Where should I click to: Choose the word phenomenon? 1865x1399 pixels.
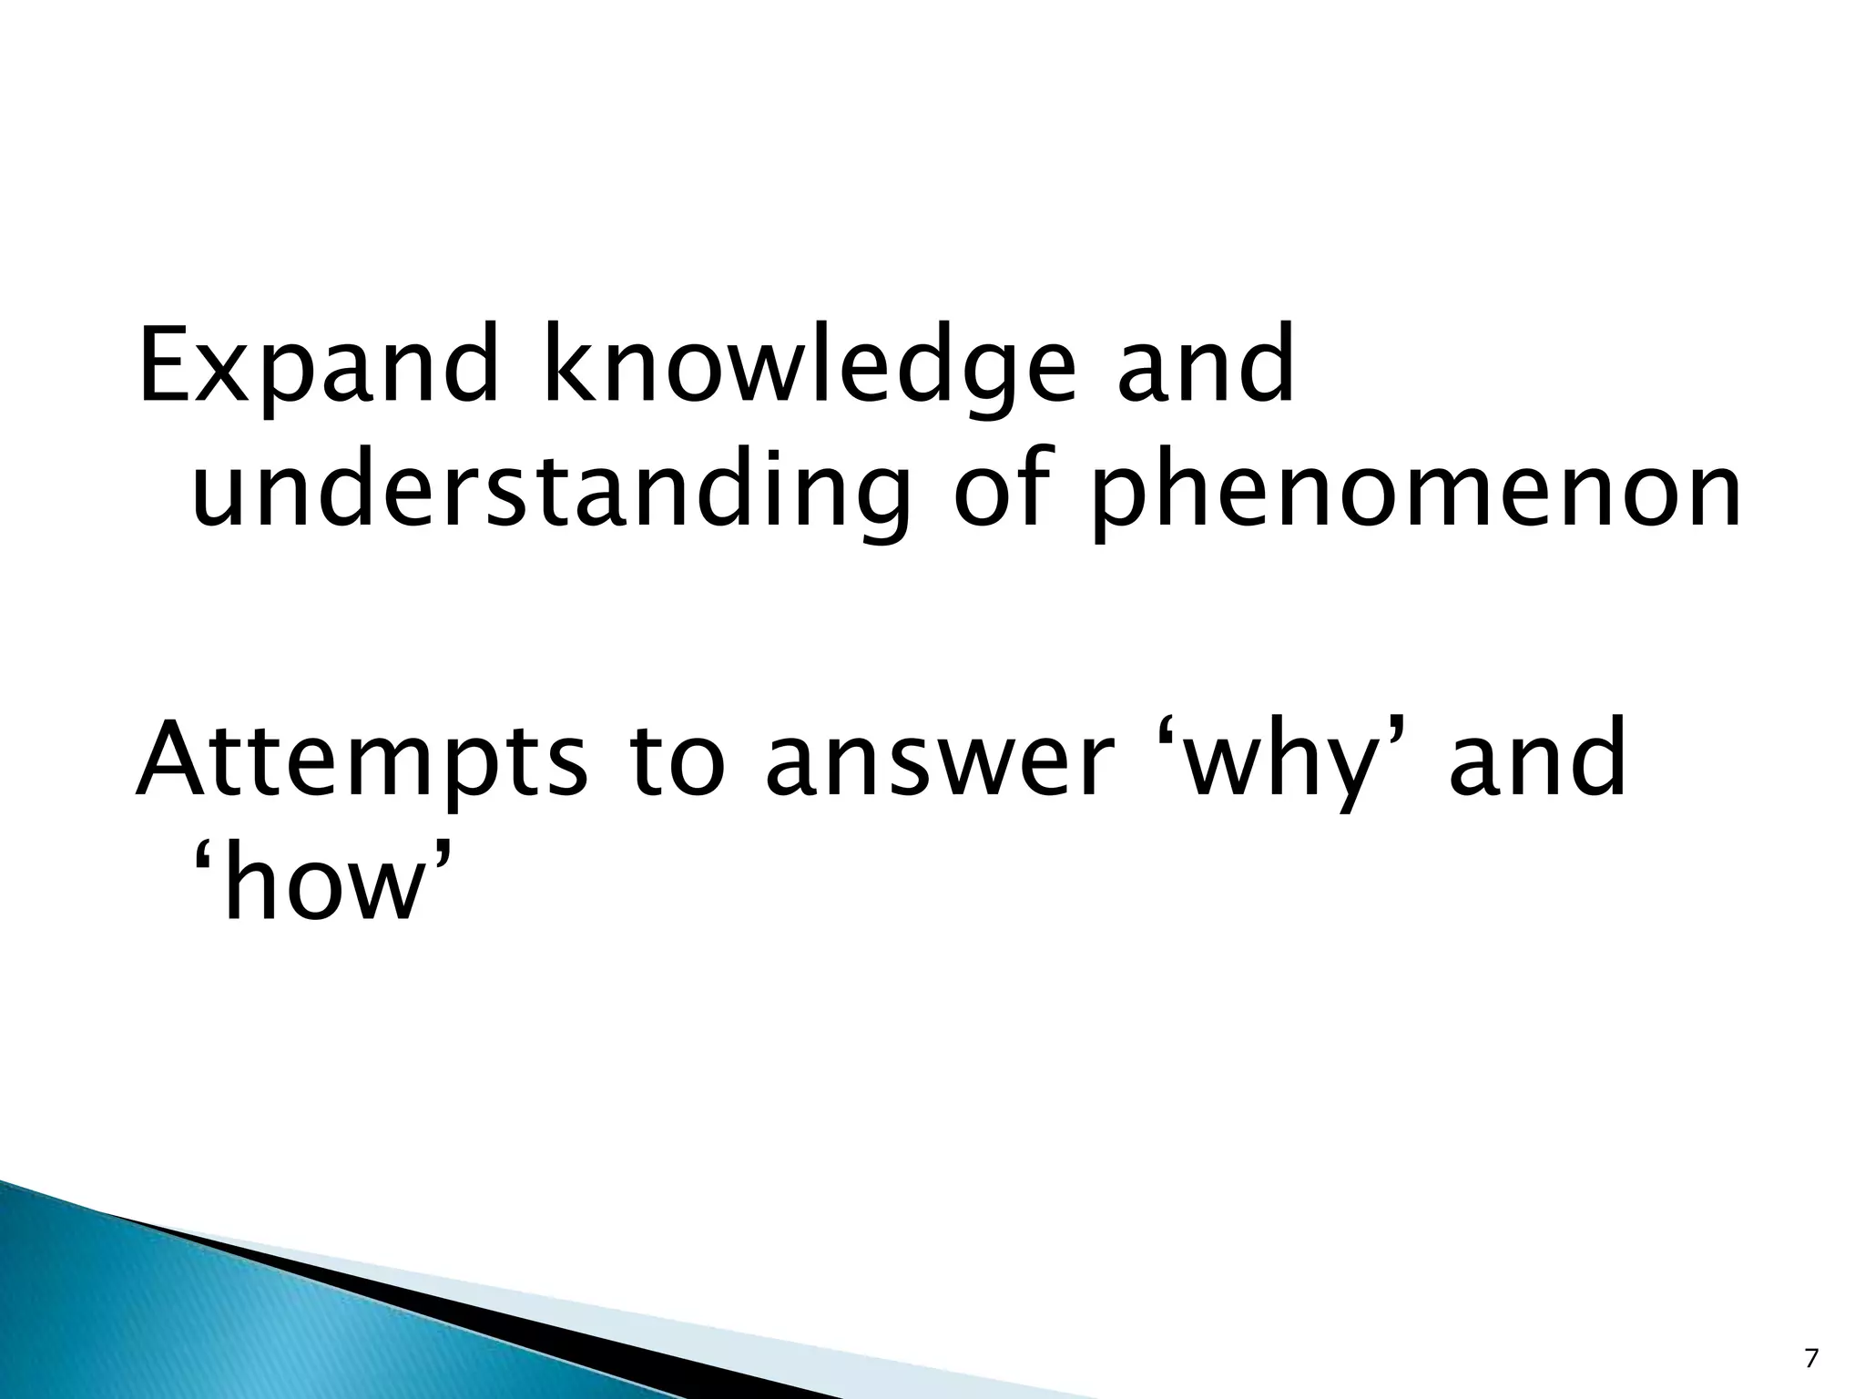1417,496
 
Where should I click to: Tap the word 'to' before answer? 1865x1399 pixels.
678,756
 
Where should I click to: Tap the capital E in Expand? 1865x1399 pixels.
167,364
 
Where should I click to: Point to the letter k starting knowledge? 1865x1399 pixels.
566,364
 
